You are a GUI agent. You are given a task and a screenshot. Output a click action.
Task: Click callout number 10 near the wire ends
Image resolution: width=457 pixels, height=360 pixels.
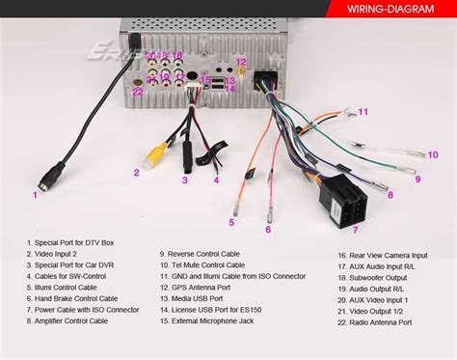(433, 154)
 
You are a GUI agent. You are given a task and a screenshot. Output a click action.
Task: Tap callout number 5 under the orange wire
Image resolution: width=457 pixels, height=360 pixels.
(231, 222)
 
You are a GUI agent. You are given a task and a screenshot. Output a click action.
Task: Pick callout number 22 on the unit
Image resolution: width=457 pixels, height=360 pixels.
(138, 92)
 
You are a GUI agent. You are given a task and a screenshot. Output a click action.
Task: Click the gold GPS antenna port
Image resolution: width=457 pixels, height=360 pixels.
(242, 70)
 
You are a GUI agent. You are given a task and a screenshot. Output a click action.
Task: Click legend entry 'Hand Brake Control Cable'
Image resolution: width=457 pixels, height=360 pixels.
(75, 299)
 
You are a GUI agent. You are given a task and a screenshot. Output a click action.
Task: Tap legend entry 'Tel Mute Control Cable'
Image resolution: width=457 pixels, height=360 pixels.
(203, 266)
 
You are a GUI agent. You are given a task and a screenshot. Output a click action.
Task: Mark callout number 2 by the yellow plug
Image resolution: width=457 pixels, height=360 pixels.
(137, 174)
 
